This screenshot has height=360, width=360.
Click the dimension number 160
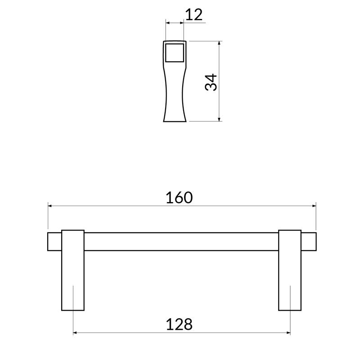coord(179,198)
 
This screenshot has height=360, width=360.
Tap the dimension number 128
coord(179,324)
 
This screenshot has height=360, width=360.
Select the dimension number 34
coord(211,82)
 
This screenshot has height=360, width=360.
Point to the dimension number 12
coord(193,15)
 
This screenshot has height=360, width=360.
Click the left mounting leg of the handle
coord(73,270)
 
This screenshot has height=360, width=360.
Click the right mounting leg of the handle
coord(290,270)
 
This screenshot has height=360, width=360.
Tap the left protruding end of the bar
coord(54,242)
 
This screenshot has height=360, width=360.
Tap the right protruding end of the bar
coord(309,242)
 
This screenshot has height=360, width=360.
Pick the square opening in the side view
coord(175,53)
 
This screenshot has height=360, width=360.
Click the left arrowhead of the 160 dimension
coord(50,206)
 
